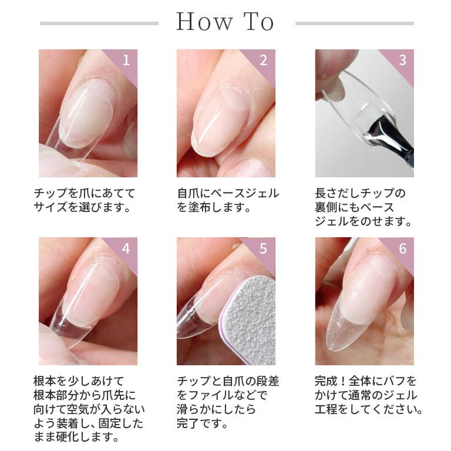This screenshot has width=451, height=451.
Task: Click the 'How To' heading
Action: pyautogui.click(x=225, y=23)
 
